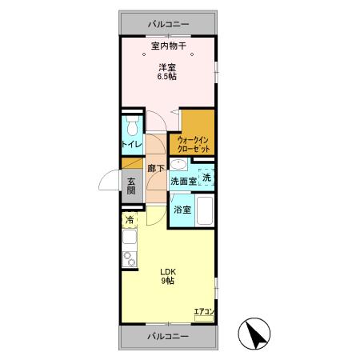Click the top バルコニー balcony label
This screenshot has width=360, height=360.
[168, 23]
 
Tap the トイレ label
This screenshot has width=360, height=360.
[132, 145]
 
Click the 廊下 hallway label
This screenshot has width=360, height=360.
[157, 168]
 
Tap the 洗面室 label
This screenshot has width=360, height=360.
[183, 182]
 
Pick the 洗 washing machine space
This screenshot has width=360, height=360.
[206, 177]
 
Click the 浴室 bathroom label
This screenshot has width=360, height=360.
[182, 210]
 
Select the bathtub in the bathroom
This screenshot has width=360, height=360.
[206, 211]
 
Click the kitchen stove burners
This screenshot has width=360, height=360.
[129, 258]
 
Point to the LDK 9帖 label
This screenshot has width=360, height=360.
[169, 277]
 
